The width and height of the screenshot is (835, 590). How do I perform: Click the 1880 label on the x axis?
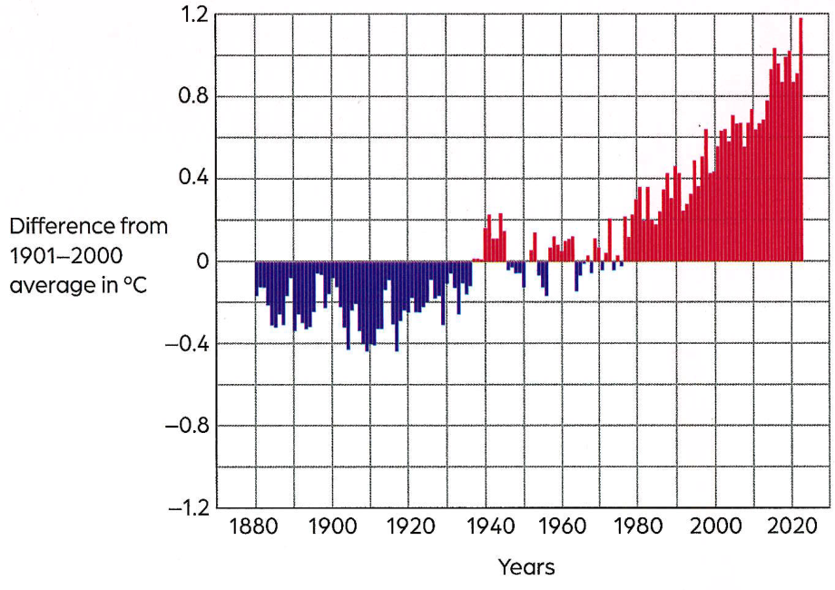253,526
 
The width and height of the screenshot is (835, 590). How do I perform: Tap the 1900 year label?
332,526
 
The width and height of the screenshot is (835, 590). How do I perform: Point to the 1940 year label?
491,526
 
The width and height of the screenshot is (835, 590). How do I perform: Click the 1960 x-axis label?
563,526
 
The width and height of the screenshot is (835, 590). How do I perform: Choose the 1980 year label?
638,526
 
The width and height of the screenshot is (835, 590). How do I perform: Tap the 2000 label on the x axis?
716,526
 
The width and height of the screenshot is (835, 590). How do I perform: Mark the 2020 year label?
791,526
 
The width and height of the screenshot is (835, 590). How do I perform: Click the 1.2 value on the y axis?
194,15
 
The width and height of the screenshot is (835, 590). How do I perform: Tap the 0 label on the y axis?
202,261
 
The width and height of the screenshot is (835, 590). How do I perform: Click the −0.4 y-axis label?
187,344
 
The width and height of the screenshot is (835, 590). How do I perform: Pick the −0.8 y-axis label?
187,426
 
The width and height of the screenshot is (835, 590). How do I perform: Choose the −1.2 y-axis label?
189,508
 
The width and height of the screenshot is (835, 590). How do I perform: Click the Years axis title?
526,567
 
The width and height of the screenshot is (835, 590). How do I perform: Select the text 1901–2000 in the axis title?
66,256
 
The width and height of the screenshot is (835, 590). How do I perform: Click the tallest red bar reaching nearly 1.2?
800,140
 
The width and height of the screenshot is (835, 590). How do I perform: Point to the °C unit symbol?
134,285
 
